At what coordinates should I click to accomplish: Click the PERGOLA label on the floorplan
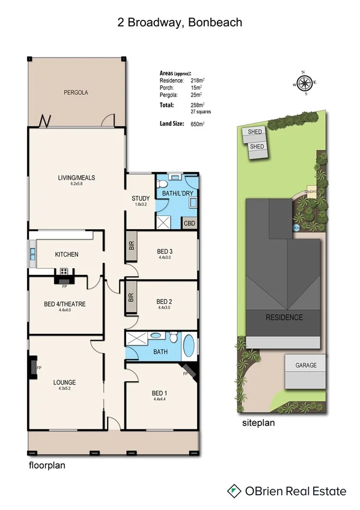point(76,93)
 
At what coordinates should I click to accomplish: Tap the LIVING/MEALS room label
point(76,177)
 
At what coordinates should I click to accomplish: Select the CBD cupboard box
point(189,222)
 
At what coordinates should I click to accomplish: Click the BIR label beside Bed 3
point(131,246)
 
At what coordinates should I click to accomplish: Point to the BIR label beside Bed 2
point(131,296)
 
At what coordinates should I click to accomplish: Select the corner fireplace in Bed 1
point(189,369)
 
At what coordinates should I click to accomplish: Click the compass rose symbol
point(305,84)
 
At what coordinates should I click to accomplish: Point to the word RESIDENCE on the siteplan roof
point(285,317)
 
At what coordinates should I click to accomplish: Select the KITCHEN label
point(67,254)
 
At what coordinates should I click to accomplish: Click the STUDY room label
point(141,198)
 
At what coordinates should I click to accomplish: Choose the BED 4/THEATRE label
point(65,304)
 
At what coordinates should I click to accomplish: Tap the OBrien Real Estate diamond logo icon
point(234,491)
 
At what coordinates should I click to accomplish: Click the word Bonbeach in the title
point(216,23)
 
